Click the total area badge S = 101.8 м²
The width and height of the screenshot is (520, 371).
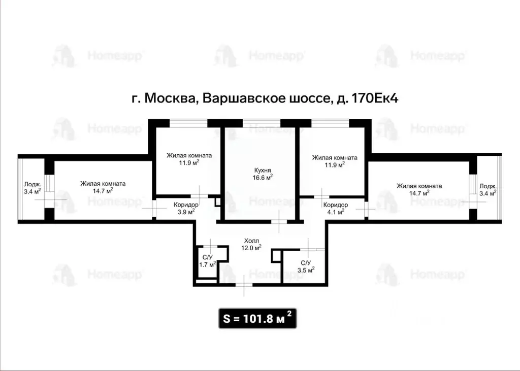click(x=257, y=319)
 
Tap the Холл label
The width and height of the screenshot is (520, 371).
click(x=251, y=241)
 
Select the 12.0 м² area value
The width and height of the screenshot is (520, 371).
click(x=251, y=248)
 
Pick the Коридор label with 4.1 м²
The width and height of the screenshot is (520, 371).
click(x=336, y=205)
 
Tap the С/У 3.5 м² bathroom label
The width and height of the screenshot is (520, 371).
click(x=306, y=263)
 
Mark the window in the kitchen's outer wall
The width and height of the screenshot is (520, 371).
click(x=262, y=122)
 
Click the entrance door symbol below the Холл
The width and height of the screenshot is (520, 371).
click(x=244, y=285)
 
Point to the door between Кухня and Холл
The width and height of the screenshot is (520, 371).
click(x=278, y=221)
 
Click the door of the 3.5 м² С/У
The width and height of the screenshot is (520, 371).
click(x=309, y=248)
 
